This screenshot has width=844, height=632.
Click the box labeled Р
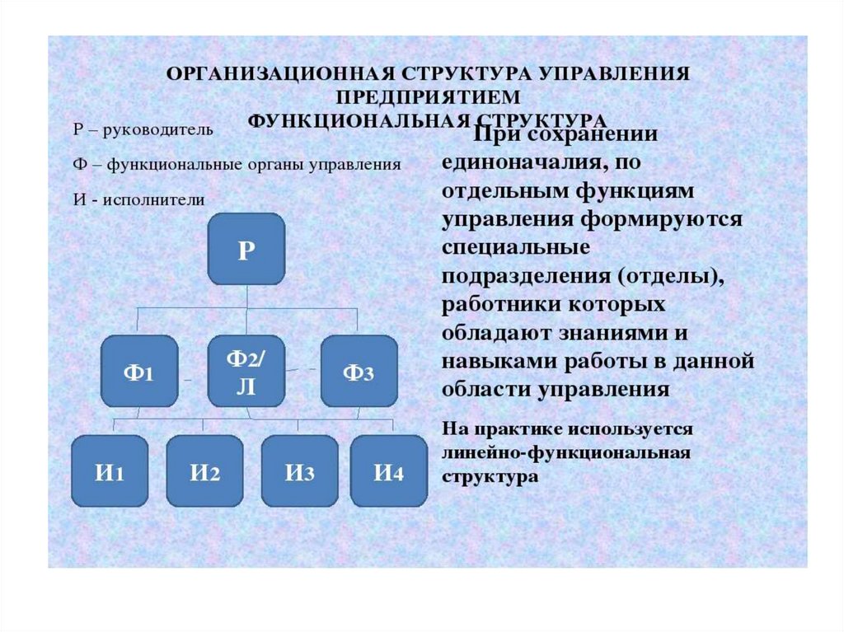pyautogui.click(x=246, y=249)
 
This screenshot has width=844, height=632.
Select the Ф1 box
pyautogui.click(x=139, y=371)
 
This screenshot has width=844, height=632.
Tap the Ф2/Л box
pyautogui.click(x=246, y=371)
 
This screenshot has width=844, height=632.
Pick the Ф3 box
pyautogui.click(x=359, y=371)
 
